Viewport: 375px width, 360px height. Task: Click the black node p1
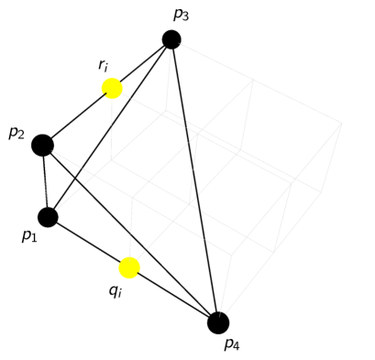click(x=48, y=217)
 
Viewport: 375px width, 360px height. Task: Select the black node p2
click(x=42, y=145)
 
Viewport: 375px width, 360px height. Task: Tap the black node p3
click(x=171, y=39)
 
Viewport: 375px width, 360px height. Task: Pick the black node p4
click(x=218, y=322)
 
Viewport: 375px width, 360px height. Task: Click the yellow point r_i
click(x=112, y=88)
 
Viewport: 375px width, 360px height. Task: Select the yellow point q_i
click(x=129, y=267)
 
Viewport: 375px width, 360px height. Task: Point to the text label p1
click(x=29, y=236)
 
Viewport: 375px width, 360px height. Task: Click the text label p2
click(x=17, y=134)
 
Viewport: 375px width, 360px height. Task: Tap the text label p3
click(x=181, y=15)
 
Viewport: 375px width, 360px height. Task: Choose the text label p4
click(x=232, y=344)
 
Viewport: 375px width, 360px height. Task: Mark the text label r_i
click(x=105, y=66)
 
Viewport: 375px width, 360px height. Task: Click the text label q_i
click(x=116, y=291)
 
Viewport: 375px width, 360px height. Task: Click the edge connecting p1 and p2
click(x=45, y=181)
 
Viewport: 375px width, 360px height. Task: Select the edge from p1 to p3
click(x=110, y=128)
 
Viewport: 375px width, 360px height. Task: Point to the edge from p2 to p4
click(x=130, y=234)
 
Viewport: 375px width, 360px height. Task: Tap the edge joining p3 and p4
click(x=194, y=180)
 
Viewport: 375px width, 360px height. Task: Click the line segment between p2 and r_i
click(x=77, y=116)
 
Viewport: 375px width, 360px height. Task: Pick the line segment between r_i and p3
click(x=142, y=63)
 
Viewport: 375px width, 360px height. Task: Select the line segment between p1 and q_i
click(x=88, y=242)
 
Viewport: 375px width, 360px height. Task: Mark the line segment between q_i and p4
click(x=174, y=295)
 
